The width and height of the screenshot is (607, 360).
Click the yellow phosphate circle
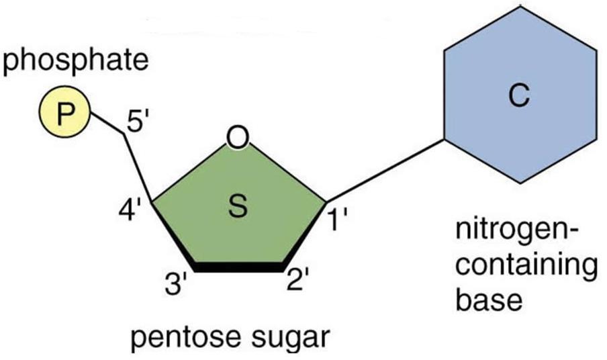click(x=62, y=114)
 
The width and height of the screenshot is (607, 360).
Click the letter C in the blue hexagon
click(x=518, y=98)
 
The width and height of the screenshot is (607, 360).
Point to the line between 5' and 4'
click(x=139, y=168)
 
